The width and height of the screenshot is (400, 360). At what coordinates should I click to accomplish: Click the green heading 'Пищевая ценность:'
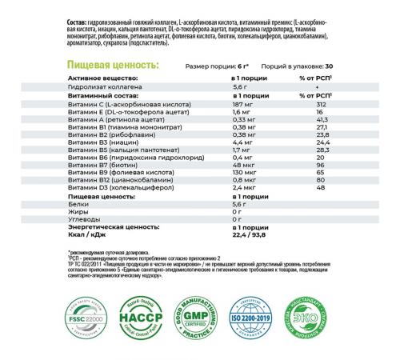click(113, 65)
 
